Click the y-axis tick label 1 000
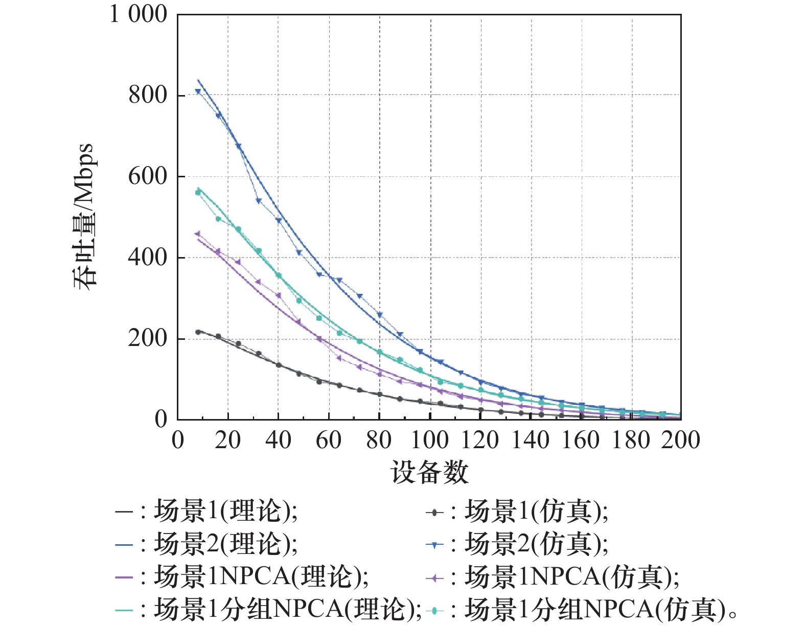pyautogui.click(x=139, y=14)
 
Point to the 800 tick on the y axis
pyautogui.click(x=148, y=95)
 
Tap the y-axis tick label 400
pyautogui.click(x=148, y=258)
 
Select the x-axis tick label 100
pyautogui.click(x=430, y=440)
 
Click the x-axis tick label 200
pyautogui.click(x=681, y=440)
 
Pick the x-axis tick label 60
pyautogui.click(x=329, y=440)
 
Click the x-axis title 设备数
pyautogui.click(x=429, y=472)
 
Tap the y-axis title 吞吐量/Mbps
pyautogui.click(x=84, y=217)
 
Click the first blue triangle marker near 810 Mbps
pyautogui.click(x=198, y=91)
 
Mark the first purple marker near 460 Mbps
pyautogui.click(x=198, y=234)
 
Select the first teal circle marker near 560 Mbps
pyautogui.click(x=198, y=192)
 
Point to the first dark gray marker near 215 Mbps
pyautogui.click(x=198, y=332)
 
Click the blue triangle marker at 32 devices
pyautogui.click(x=259, y=201)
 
